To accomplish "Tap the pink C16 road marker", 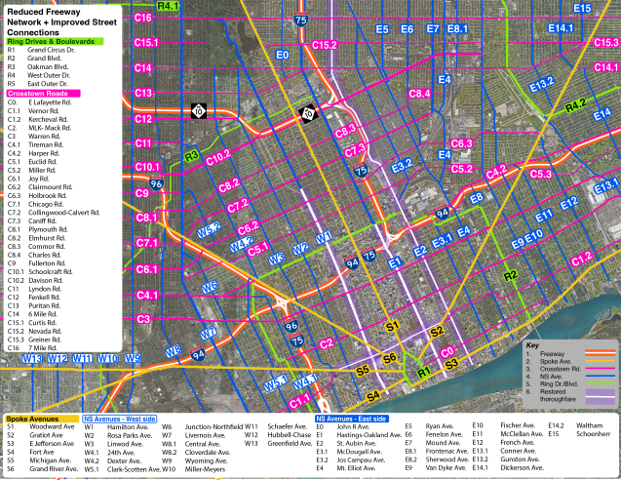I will (144, 19).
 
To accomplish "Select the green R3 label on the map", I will (192, 155).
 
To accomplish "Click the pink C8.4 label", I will (419, 94).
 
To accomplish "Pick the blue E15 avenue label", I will (583, 8).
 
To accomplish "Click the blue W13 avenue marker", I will (31, 359).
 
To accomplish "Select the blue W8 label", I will (173, 349).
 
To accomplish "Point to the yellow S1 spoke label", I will (393, 326).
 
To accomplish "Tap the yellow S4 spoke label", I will (373, 395).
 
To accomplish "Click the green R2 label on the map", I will (509, 276).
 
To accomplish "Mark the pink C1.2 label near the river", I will (582, 258).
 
